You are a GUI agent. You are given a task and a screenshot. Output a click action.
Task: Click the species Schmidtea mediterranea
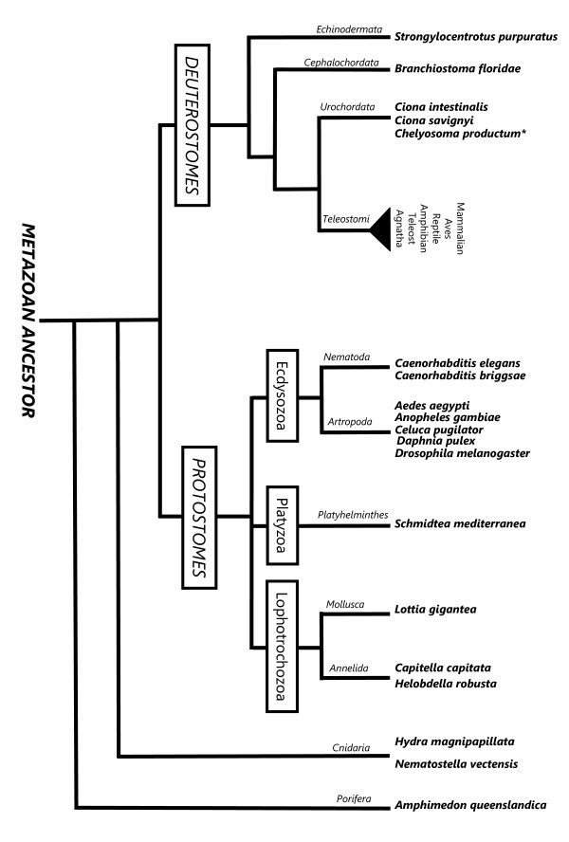pyautogui.click(x=460, y=522)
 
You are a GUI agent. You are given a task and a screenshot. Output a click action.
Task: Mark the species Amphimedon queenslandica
pyautogui.click(x=470, y=805)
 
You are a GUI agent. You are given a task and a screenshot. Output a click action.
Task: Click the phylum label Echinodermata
pyautogui.click(x=342, y=30)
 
